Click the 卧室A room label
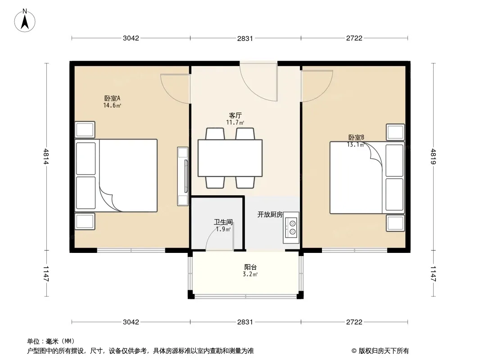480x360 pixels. pyautogui.click(x=113, y=98)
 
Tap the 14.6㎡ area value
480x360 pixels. pyautogui.click(x=113, y=105)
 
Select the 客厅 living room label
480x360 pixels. pyautogui.click(x=235, y=115)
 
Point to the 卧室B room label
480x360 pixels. pyautogui.click(x=356, y=137)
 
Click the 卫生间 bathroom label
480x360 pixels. pyautogui.click(x=223, y=222)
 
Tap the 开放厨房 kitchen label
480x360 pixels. pyautogui.click(x=270, y=214)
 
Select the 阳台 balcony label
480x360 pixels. pyautogui.click(x=250, y=267)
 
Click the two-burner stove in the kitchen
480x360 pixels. pyautogui.click(x=291, y=228)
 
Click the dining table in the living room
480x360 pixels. pyautogui.click(x=230, y=158)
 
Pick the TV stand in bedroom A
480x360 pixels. pyautogui.click(x=183, y=176)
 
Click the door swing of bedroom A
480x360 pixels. pyautogui.click(x=176, y=88)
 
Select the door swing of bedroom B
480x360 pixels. pyautogui.click(x=317, y=86)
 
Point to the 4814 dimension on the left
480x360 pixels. pyautogui.click(x=46, y=156)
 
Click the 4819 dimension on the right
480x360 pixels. pyautogui.click(x=433, y=156)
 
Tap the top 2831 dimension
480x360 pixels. pyautogui.click(x=245, y=38)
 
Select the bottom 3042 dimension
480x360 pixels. pyautogui.click(x=131, y=322)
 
